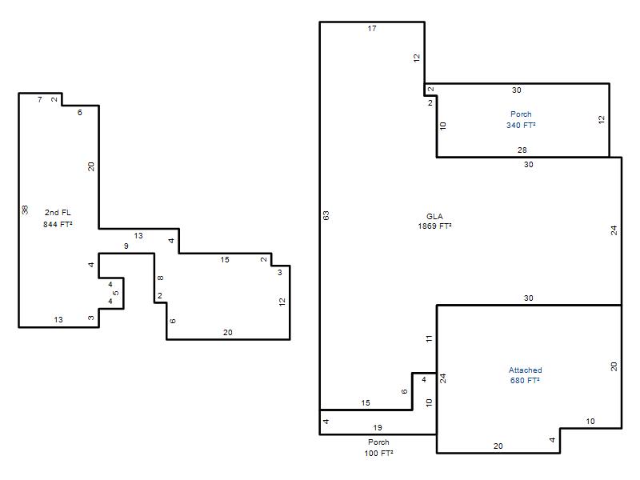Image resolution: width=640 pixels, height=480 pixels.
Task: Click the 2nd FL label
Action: pos(58,213)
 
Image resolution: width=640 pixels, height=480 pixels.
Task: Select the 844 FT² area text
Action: pos(58,224)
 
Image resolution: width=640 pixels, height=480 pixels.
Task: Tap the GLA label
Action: pos(434,216)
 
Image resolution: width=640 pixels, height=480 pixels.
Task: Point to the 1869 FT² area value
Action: pos(434,226)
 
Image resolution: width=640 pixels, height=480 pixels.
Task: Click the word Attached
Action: pos(526,370)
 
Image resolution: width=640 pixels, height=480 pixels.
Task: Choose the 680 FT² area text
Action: pos(525,381)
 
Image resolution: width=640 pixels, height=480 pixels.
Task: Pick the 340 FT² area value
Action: pos(522,126)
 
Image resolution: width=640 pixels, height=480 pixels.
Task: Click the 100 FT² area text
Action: pos(378,453)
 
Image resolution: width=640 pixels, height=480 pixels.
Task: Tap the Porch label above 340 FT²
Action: pos(522,114)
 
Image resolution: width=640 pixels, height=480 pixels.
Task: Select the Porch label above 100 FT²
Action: pos(378,442)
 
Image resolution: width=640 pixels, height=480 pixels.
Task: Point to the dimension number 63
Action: pos(326,215)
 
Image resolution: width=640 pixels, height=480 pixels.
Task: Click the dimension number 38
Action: pos(25,210)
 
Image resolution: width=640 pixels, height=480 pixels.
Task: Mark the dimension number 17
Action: pos(372,29)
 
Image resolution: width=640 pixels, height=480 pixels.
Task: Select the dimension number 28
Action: pos(522,150)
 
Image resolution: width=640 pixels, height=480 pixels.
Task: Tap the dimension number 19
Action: pos(378,428)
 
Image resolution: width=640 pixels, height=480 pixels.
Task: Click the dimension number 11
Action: pos(429,338)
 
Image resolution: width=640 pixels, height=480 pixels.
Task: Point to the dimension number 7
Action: pos(39,99)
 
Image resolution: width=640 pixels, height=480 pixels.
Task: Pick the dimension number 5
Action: pos(116,293)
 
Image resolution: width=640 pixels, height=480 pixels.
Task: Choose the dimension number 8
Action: pos(161,278)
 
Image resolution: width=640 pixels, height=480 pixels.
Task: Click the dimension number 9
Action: pos(126,246)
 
